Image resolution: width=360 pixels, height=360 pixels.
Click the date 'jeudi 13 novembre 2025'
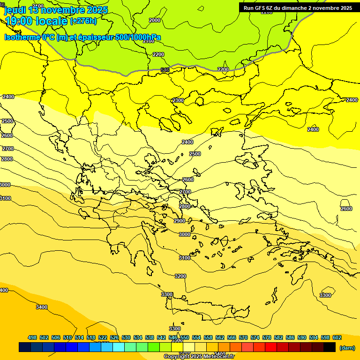click(x=56, y=10)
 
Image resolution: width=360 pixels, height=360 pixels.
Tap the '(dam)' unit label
click(x=347, y=348)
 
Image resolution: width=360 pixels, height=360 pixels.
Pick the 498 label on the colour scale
click(x=32, y=337)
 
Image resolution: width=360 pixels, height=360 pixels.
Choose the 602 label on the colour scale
click(x=337, y=337)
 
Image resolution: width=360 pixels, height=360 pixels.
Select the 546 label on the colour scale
click(x=173, y=337)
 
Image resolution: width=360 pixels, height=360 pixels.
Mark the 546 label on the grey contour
click(x=165, y=70)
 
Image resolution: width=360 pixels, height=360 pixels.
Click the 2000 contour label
click(x=154, y=20)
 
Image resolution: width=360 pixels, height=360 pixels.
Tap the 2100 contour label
click(x=149, y=41)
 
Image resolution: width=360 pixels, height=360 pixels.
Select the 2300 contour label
click(x=178, y=100)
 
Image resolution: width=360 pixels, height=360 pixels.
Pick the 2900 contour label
click(x=180, y=221)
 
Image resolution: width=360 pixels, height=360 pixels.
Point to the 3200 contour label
click(x=180, y=276)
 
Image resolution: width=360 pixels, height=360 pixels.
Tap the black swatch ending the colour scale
click(x=330, y=347)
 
